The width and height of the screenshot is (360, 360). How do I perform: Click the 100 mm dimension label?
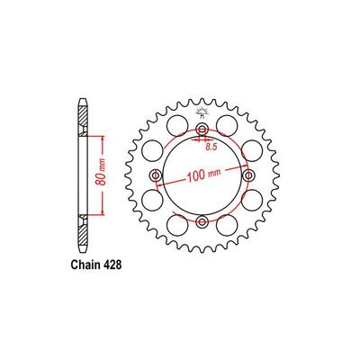pyautogui.click(x=204, y=175)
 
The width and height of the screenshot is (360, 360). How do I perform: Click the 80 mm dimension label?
pyautogui.click(x=101, y=175)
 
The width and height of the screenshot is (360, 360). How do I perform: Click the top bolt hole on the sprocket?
pyautogui.click(x=202, y=130)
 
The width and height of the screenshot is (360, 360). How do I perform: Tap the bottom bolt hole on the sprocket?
pyautogui.click(x=202, y=222)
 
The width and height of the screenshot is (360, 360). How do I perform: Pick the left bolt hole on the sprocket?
pyautogui.click(x=156, y=175)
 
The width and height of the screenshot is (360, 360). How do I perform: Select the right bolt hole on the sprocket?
pyautogui.click(x=248, y=175)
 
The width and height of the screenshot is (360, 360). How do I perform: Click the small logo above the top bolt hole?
pyautogui.click(x=202, y=112)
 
